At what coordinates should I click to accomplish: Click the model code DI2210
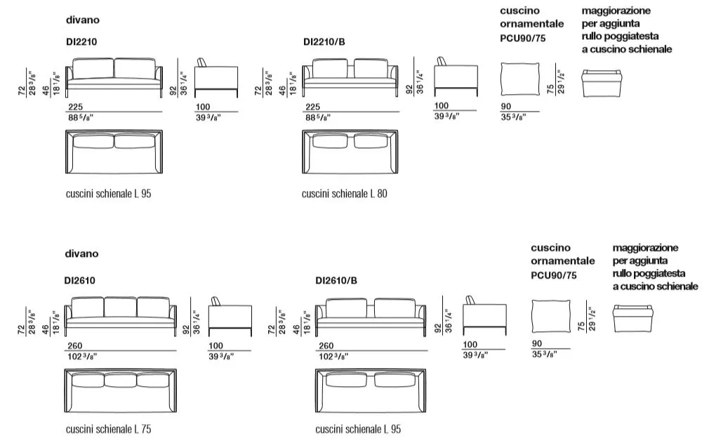coord(81,41)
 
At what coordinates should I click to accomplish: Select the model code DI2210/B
coord(324,41)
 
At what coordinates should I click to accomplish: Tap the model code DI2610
coord(80,280)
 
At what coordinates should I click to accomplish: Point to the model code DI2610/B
coord(336,280)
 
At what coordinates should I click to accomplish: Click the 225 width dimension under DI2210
coord(76,107)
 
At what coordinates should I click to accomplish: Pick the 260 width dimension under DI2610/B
coord(326,345)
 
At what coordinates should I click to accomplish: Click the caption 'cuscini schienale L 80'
coord(344,194)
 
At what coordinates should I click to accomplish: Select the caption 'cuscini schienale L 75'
coord(108,429)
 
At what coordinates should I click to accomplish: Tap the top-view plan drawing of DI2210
coord(114,152)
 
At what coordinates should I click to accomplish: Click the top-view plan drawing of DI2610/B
coord(371,390)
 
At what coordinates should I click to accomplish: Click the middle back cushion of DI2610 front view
coord(121,307)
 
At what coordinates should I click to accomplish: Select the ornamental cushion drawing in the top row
coord(519,79)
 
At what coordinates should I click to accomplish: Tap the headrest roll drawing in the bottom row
coord(633,319)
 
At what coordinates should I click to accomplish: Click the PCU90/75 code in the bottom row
coord(554,275)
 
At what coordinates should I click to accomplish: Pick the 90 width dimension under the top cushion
coord(506,106)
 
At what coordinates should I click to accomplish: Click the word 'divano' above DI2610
coord(81,253)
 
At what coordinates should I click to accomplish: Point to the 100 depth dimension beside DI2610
coord(216,345)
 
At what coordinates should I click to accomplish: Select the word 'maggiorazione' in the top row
coord(616,11)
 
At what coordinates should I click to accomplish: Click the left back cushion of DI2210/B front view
coord(330,68)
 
